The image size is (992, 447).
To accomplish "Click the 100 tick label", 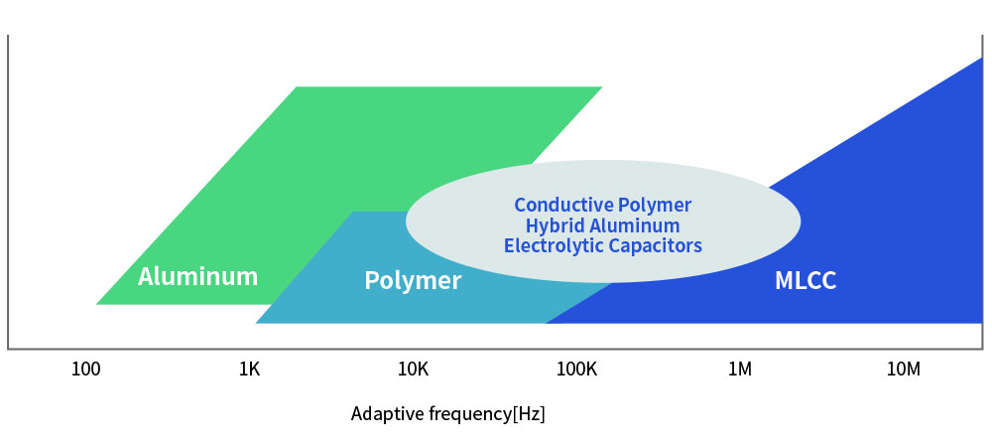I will [x=86, y=370].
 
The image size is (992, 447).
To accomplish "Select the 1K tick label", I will [x=249, y=370].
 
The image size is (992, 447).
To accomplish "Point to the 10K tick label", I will [x=413, y=370].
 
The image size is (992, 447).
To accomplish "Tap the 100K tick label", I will [x=576, y=370].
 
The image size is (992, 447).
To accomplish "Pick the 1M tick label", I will [x=739, y=370].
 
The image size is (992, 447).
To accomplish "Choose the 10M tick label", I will [x=903, y=370].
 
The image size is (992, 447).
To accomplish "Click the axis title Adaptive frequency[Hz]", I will [x=448, y=413].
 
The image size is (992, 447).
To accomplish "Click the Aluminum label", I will [x=197, y=276].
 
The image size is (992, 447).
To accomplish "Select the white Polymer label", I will [x=413, y=281].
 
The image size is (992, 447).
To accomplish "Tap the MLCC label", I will [x=806, y=281].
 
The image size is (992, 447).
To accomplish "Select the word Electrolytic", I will [x=549, y=245].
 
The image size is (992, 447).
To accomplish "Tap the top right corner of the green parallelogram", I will [x=601, y=87].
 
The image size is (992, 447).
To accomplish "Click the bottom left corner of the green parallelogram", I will [x=97, y=303].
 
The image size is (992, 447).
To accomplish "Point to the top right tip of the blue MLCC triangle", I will [x=981, y=59].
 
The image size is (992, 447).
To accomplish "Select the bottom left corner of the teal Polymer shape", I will [x=257, y=323].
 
